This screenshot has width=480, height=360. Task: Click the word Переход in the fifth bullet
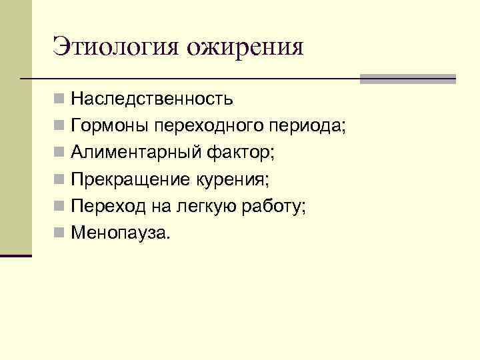pyautogui.click(x=108, y=207)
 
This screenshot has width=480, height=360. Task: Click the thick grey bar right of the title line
pyautogui.click(x=407, y=79)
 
